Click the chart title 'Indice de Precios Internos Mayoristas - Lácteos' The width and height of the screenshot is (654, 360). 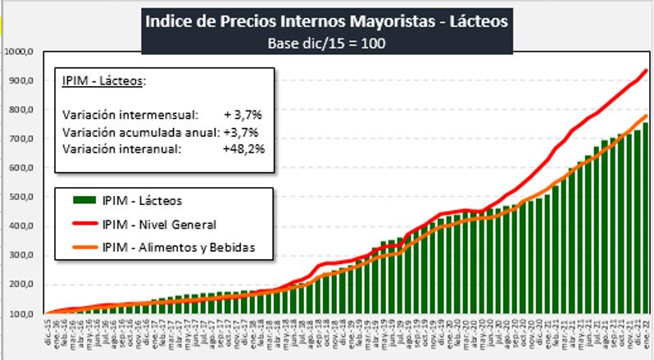[x=326, y=21]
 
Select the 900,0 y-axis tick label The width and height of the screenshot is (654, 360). [x=19, y=81]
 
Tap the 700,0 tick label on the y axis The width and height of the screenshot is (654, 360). [x=19, y=139]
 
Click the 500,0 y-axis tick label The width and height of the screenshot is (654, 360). [x=19, y=198]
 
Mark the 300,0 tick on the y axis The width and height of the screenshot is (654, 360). [x=19, y=256]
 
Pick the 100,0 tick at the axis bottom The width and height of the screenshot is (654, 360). [x=19, y=314]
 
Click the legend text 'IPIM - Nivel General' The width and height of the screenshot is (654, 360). [x=160, y=223]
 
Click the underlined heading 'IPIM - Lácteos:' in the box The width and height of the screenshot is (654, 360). [x=103, y=82]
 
